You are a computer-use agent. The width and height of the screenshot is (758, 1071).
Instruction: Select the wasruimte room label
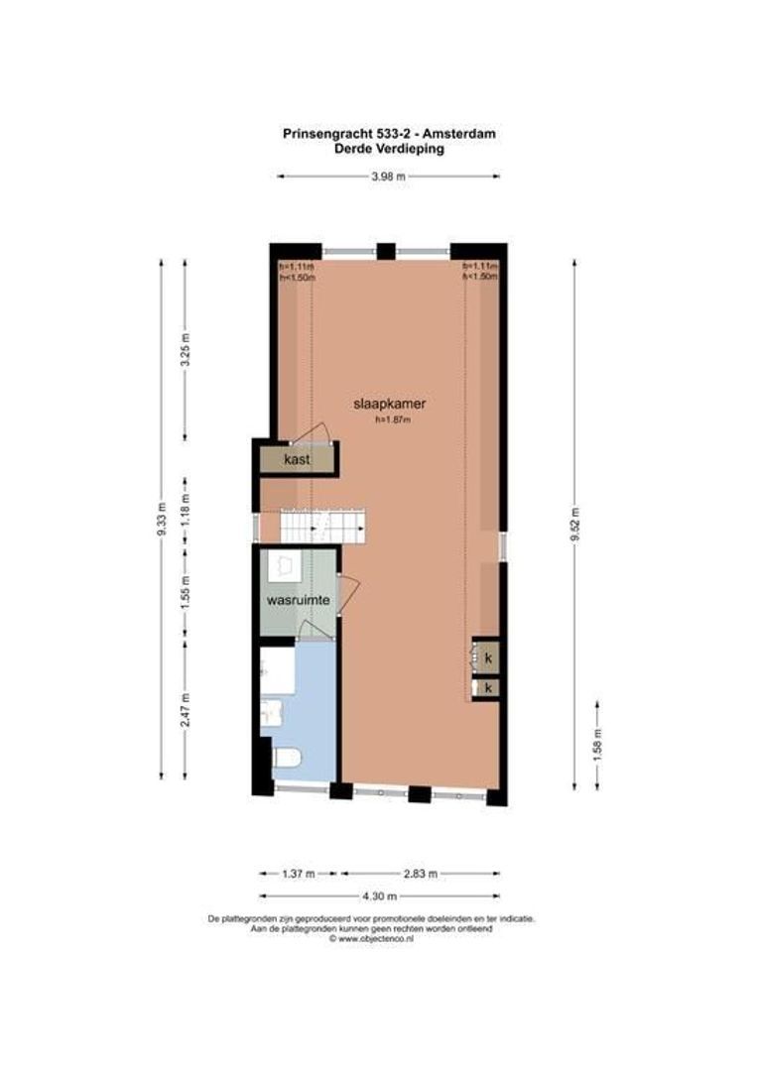click(297, 601)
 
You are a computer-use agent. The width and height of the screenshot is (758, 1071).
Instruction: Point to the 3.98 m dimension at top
click(388, 177)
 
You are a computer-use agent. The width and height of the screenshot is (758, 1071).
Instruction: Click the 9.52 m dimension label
click(575, 525)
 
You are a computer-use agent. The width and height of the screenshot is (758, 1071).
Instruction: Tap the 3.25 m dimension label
click(185, 350)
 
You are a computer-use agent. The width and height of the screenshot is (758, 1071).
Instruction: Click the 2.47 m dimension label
click(185, 709)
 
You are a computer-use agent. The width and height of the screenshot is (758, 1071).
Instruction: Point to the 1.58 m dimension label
click(597, 743)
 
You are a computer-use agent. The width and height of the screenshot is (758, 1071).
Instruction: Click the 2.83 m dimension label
click(420, 874)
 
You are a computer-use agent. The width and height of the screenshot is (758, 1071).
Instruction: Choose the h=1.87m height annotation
click(392, 419)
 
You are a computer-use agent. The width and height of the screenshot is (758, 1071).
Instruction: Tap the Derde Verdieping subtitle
click(388, 150)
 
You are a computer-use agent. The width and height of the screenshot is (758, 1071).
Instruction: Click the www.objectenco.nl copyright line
click(371, 937)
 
